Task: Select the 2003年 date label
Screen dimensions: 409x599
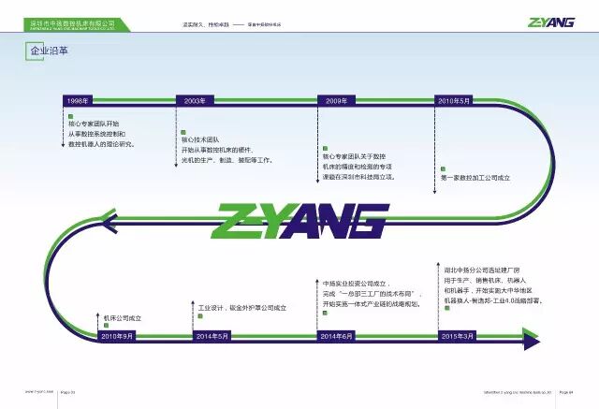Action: point(195,99)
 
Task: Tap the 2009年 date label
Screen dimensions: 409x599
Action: point(336,99)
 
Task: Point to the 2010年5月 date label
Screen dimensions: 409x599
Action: point(453,99)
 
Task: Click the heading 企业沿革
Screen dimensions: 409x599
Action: point(37,52)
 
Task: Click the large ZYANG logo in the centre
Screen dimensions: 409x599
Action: point(299,221)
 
